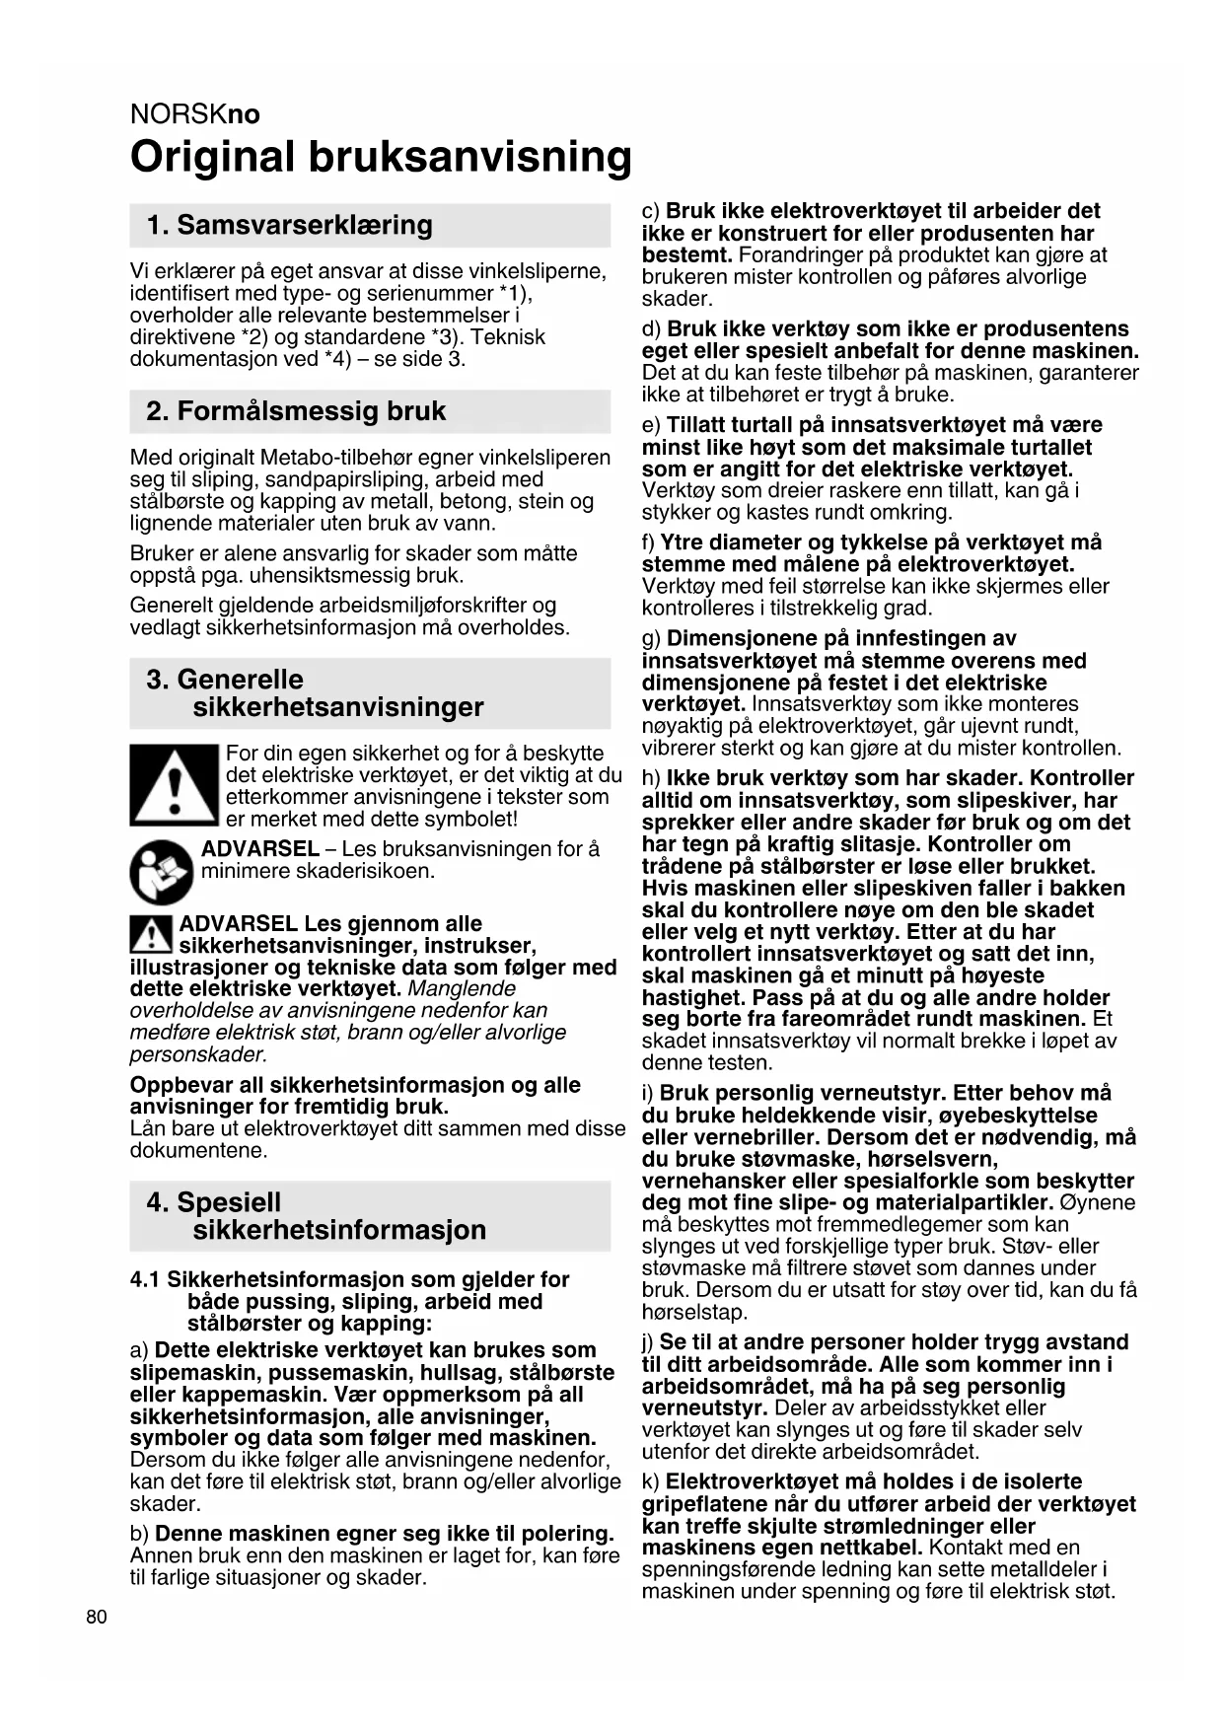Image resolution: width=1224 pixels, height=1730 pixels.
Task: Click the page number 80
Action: coord(97,1617)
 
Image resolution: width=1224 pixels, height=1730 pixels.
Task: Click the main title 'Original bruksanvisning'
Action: coord(381,158)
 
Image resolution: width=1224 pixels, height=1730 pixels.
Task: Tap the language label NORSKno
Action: coord(195,114)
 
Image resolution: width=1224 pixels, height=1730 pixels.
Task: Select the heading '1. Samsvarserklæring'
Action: coord(289,225)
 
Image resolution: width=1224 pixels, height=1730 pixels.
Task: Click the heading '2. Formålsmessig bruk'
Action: coord(296,411)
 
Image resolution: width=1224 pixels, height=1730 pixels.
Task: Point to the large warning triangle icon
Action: coord(174,785)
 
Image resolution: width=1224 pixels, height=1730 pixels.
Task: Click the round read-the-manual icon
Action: coord(162,872)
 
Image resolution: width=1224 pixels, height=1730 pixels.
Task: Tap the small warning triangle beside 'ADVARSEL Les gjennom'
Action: coord(151,933)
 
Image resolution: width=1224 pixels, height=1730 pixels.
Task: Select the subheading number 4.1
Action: coord(145,1279)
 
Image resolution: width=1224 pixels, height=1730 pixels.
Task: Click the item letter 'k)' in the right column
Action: coord(650,1481)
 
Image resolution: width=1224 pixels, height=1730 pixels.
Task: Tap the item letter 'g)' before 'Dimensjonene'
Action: coord(651,639)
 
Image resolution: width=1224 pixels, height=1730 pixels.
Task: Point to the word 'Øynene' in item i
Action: coord(1098,1202)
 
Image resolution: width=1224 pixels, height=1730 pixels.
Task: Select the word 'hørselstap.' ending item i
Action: coord(694,1312)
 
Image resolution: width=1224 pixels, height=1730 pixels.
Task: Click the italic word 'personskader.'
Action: coord(198,1054)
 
